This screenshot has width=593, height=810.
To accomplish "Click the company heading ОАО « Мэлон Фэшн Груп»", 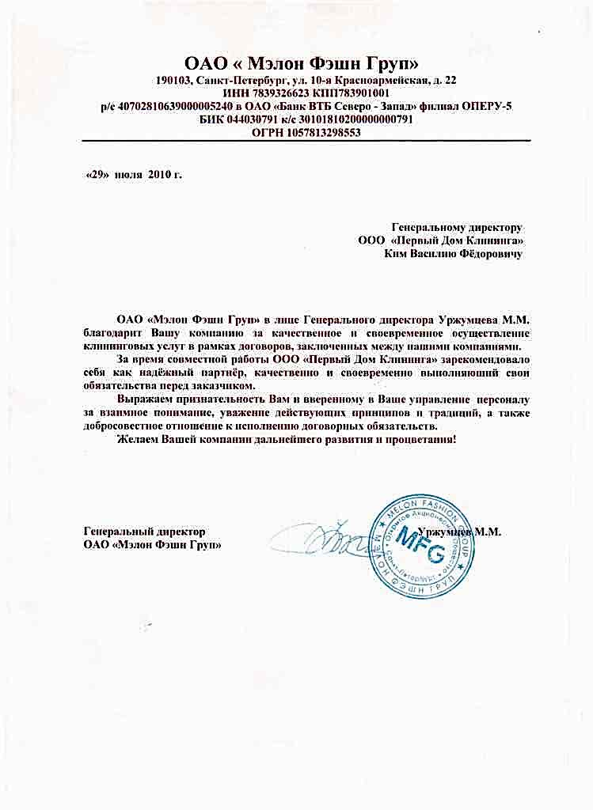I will pos(300,63).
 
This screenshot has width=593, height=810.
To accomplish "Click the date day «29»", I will pos(97,174).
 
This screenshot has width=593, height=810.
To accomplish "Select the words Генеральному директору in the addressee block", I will pos(458,226).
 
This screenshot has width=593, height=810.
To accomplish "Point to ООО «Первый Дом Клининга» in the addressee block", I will pos(448,240).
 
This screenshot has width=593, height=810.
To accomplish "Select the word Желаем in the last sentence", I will pos(138,438).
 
